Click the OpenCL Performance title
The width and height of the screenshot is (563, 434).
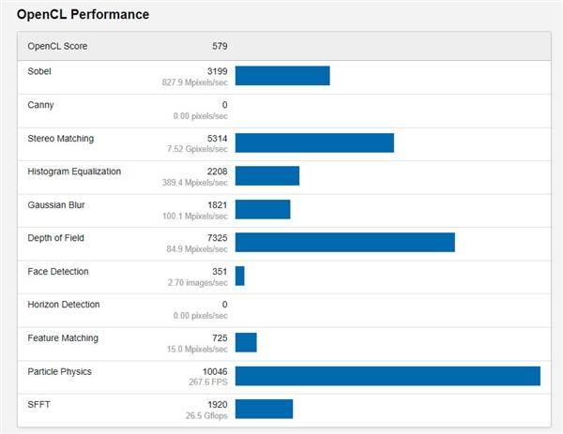point(83,15)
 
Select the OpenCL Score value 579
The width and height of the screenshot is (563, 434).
point(220,46)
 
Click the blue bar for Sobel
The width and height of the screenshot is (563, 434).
point(282,76)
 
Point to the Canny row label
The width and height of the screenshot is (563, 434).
point(42,105)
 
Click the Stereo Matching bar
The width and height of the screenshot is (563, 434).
point(314,142)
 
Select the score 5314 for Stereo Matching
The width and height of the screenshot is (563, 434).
point(217,138)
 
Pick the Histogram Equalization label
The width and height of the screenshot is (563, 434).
point(74,172)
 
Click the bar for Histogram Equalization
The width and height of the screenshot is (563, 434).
point(267,176)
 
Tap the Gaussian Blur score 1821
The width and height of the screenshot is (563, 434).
point(217,204)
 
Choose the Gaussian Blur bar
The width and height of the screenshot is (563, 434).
point(263,209)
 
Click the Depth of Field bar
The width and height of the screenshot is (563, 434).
point(344,243)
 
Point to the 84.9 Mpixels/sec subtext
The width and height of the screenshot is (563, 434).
point(200,249)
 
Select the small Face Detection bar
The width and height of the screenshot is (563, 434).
point(240,276)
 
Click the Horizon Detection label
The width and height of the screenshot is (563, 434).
point(64,305)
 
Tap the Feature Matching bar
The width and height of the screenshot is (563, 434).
point(246,342)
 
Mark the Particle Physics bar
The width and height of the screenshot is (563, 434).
point(388,376)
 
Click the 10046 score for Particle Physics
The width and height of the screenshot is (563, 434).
point(214,371)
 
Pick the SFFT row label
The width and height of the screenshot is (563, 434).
point(40,404)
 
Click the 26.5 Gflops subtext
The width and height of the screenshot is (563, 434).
point(206,416)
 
